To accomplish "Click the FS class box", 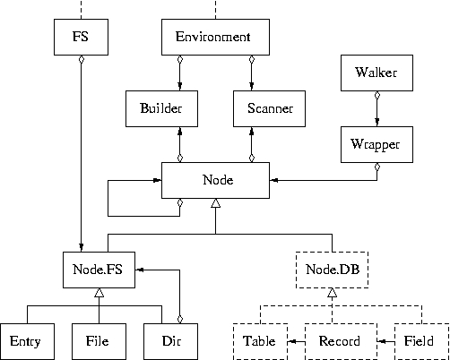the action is pos(81,37).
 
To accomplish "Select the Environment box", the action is pos(215,37).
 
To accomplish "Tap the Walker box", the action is pos(376,73).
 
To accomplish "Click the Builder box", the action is pos(161,108).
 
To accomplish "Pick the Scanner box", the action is pos(269,108).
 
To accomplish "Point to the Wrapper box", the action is pos(376,144).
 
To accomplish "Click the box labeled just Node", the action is pos(215,180).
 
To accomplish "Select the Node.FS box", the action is pos(99,270).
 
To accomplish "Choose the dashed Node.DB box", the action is pos(332,270).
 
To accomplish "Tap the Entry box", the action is pos(27,341).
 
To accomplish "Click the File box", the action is pos(99,341).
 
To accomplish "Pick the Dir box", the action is pos(170,341).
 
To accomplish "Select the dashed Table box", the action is pos(260,341).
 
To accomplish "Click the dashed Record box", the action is pos(341,341).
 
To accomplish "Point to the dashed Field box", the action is pos(421,341).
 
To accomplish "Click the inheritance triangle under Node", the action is pos(215,203).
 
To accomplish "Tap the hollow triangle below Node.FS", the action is pos(99,293).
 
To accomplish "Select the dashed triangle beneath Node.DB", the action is pos(332,293).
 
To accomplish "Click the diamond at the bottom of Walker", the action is pos(376,96).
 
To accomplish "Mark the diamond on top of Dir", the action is pos(179,319).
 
